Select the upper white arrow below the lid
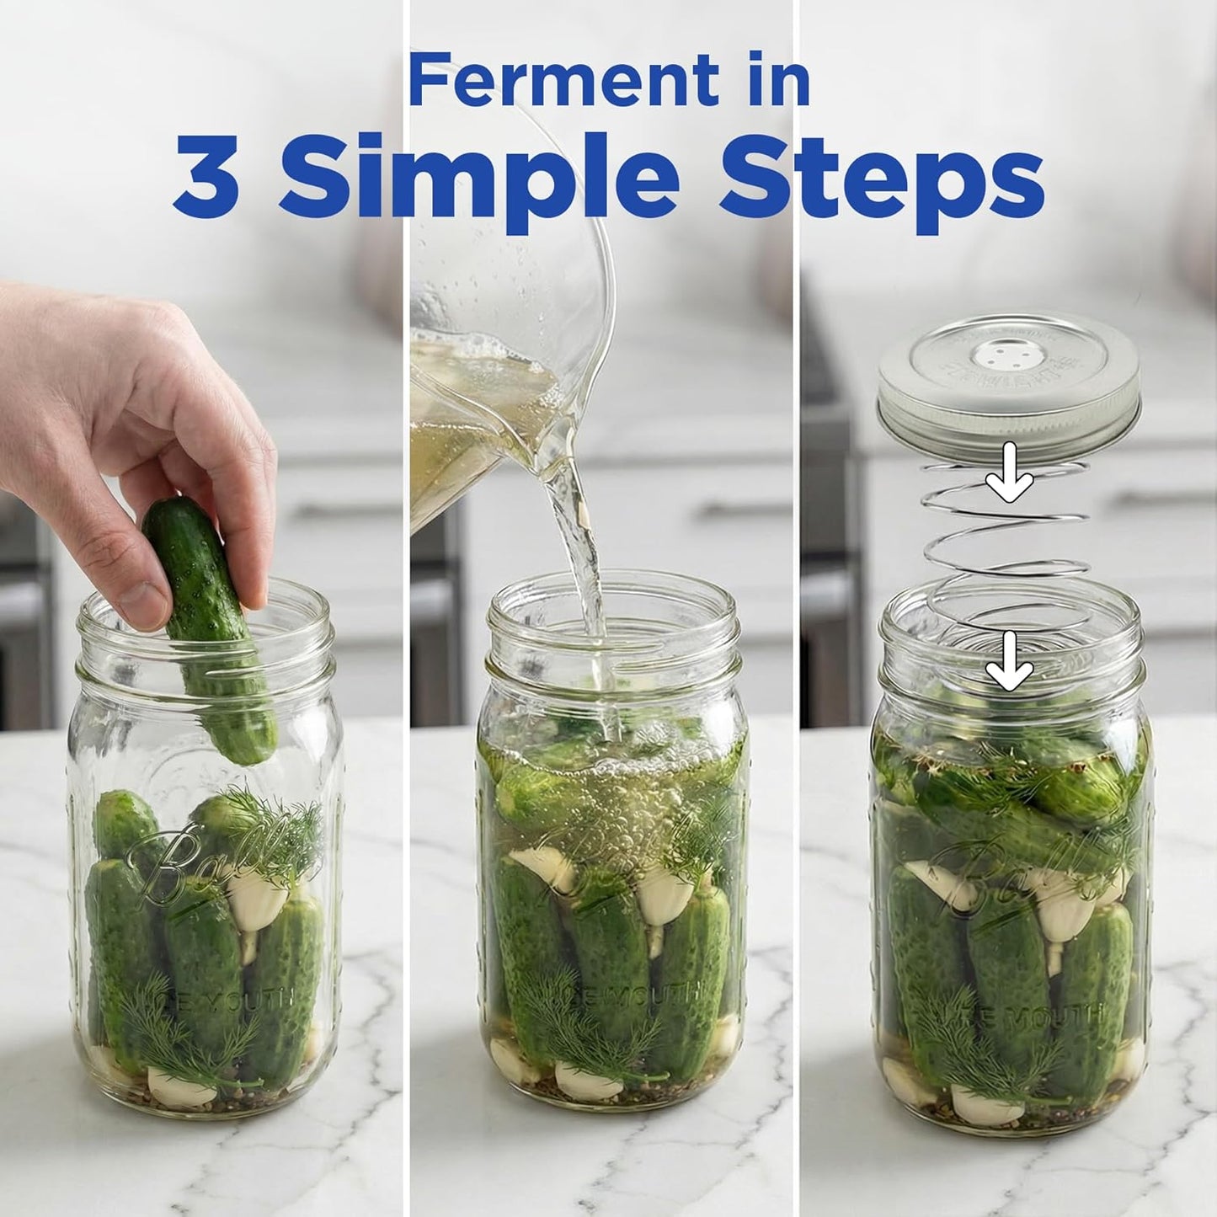[x=1009, y=482]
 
